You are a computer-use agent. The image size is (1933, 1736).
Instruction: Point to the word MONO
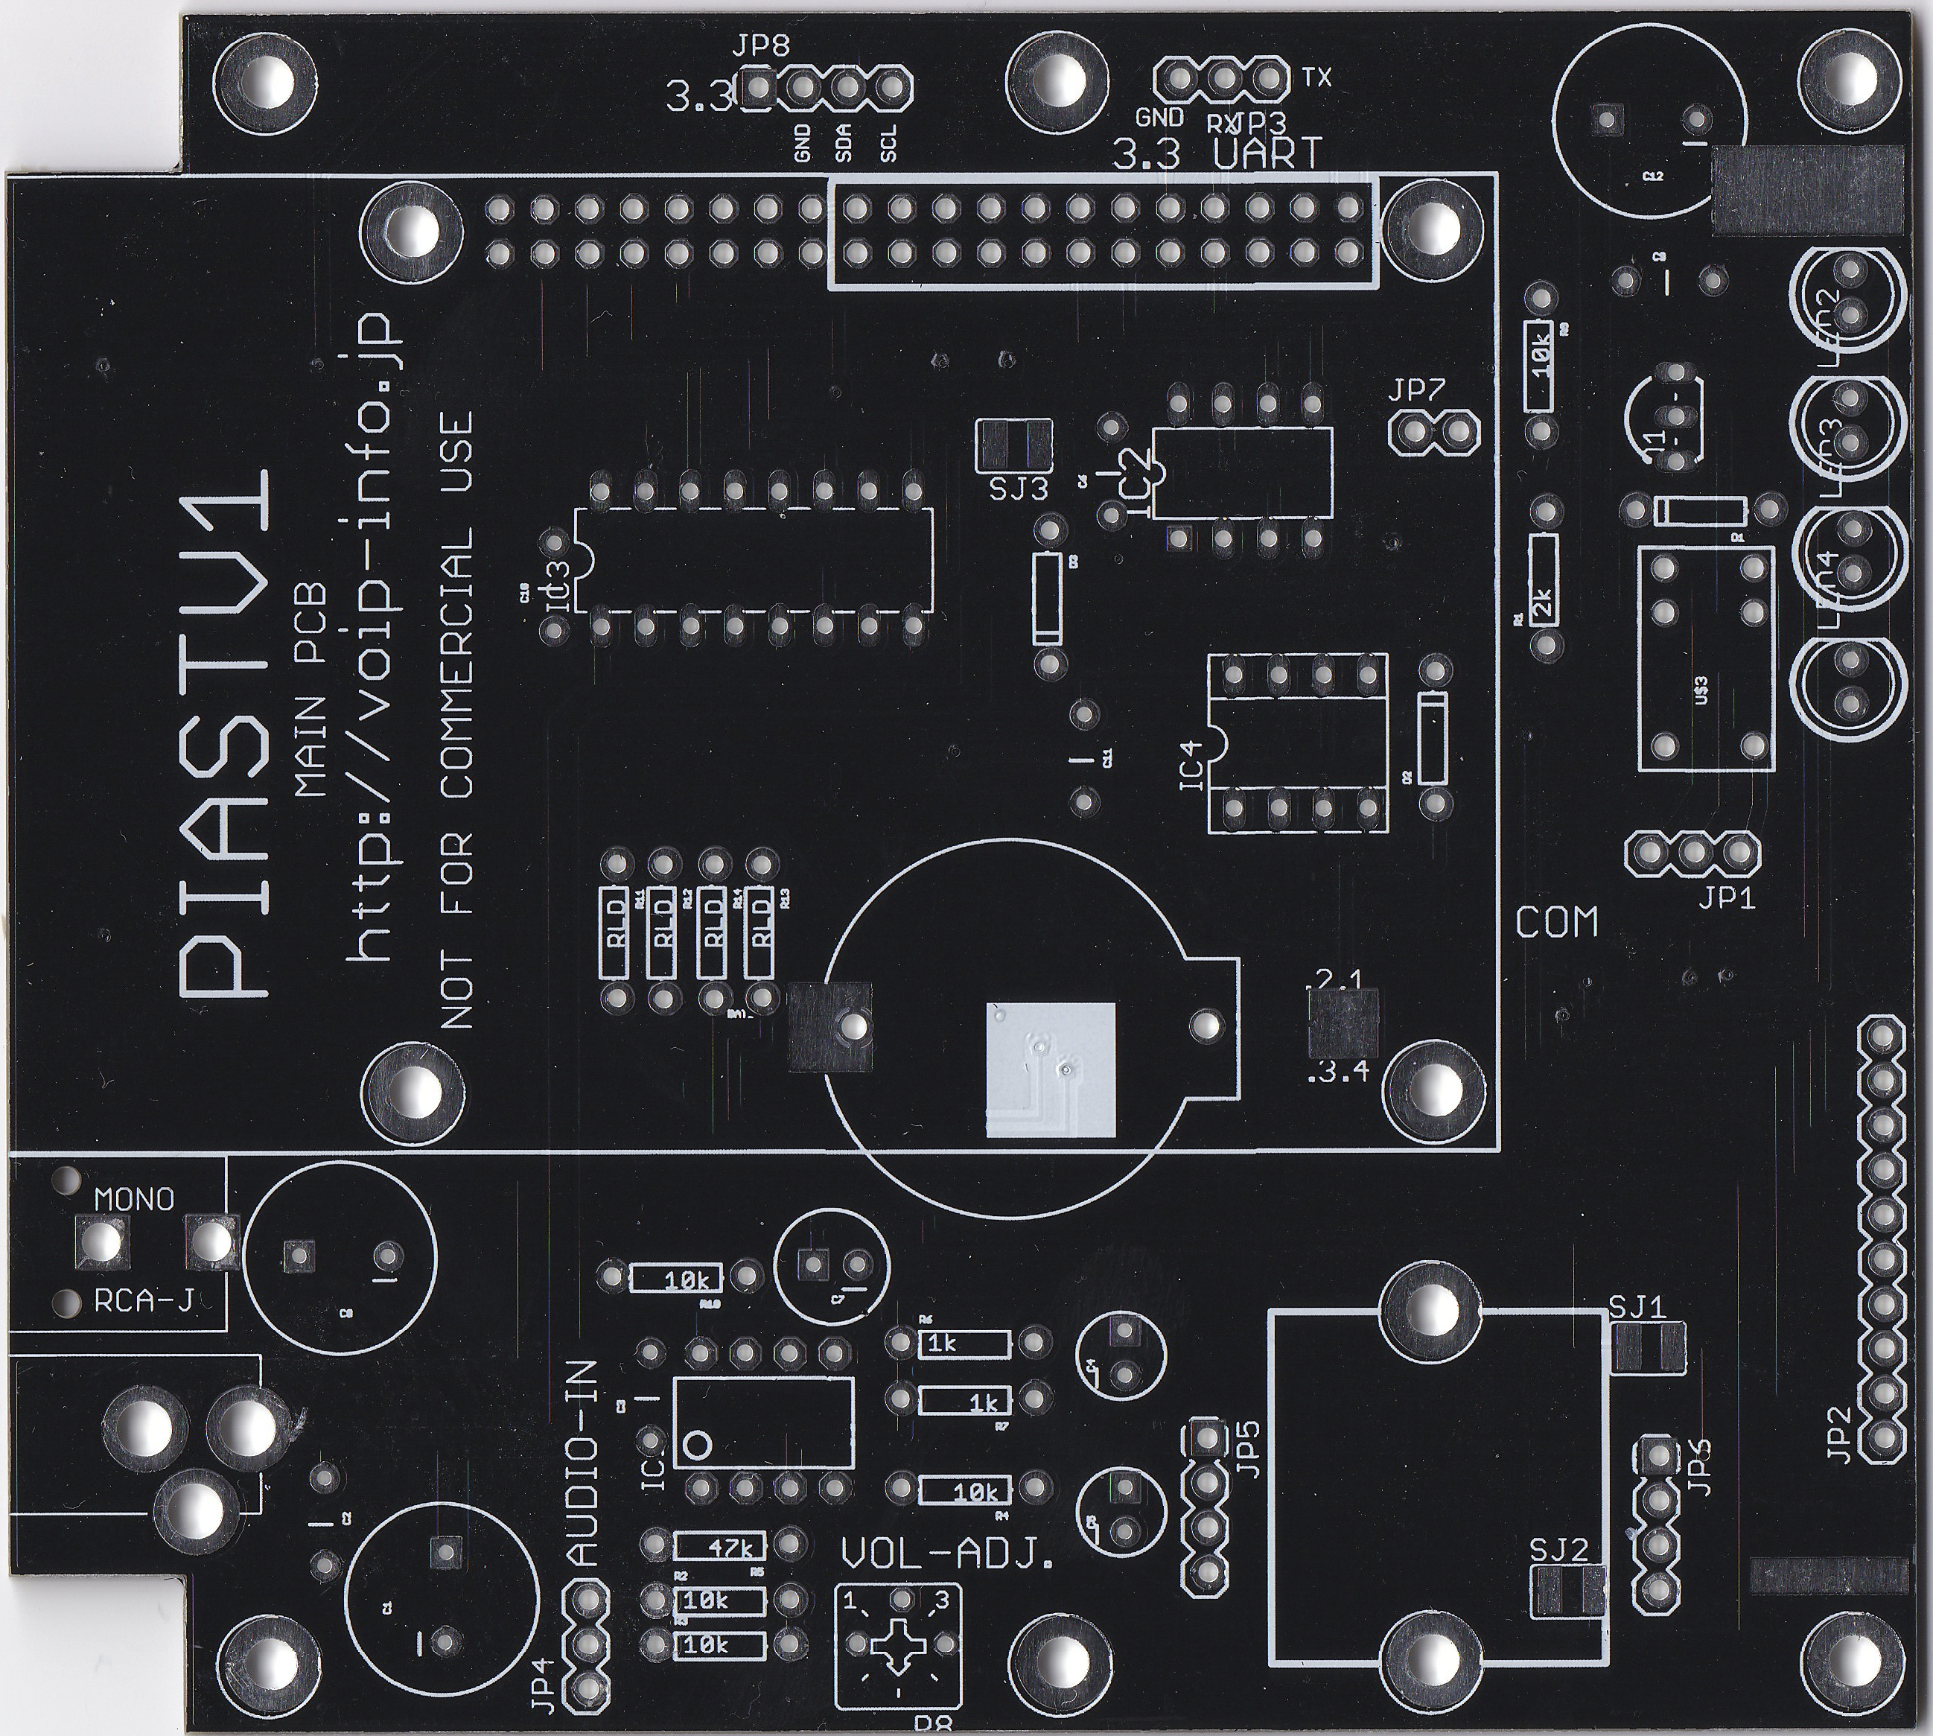coord(135,1199)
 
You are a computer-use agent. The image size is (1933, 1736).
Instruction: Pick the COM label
coord(1556,923)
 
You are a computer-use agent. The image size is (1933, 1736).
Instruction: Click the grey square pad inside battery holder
coord(1051,1070)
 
